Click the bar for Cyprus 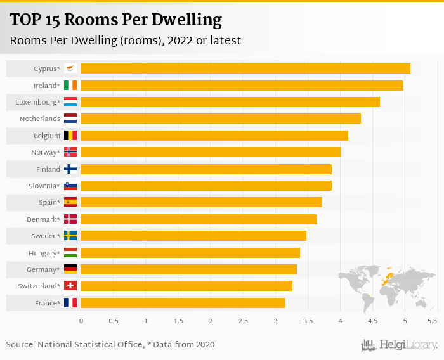(245, 68)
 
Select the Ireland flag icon (70, 86)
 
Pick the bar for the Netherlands (221, 119)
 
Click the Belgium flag (70, 136)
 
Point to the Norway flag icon (70, 152)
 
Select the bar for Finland (206, 169)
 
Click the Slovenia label (44, 186)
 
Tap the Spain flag (70, 202)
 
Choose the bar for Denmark (199, 219)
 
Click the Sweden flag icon (70, 236)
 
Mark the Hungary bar (190, 253)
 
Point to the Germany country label (43, 269)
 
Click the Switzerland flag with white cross (70, 286)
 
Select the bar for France (183, 303)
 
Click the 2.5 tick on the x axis (243, 321)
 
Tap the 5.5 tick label (433, 321)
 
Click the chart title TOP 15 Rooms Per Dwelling (116, 20)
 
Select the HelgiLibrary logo (400, 345)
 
